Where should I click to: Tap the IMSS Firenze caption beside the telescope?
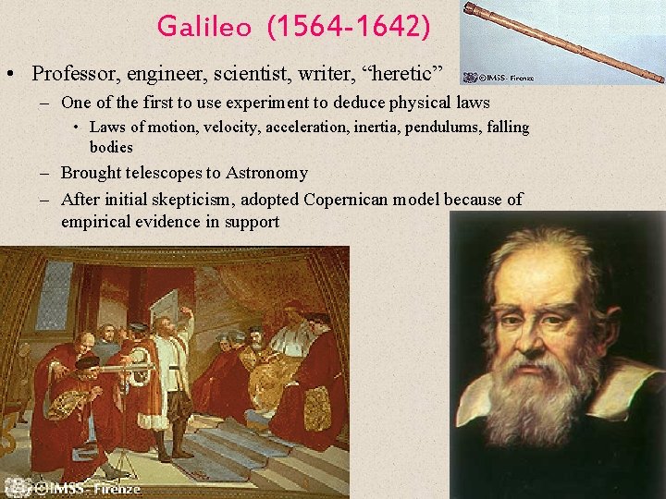click(499, 78)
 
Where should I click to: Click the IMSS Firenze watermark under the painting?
click(83, 489)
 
